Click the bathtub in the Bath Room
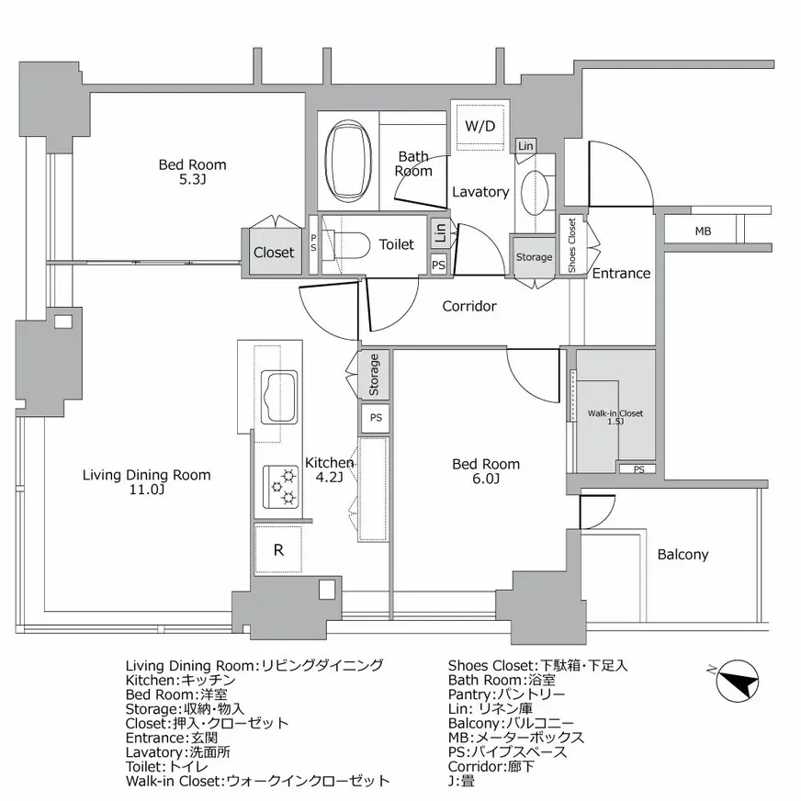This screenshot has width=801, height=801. pyautogui.click(x=347, y=162)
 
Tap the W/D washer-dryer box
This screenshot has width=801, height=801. pyautogui.click(x=479, y=126)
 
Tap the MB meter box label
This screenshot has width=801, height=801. pyautogui.click(x=703, y=231)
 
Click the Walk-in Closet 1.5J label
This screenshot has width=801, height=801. pyautogui.click(x=615, y=418)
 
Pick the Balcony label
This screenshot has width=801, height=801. pyautogui.click(x=683, y=555)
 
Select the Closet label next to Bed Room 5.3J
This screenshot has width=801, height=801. pyautogui.click(x=274, y=252)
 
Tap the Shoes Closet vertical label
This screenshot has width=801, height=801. pyautogui.click(x=571, y=245)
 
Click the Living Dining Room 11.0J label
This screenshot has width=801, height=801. pyautogui.click(x=146, y=482)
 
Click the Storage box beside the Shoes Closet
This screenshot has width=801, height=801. pyautogui.click(x=534, y=257)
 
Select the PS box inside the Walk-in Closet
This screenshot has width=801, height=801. pyautogui.click(x=637, y=470)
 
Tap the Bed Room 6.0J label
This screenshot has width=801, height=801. pyautogui.click(x=486, y=471)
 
